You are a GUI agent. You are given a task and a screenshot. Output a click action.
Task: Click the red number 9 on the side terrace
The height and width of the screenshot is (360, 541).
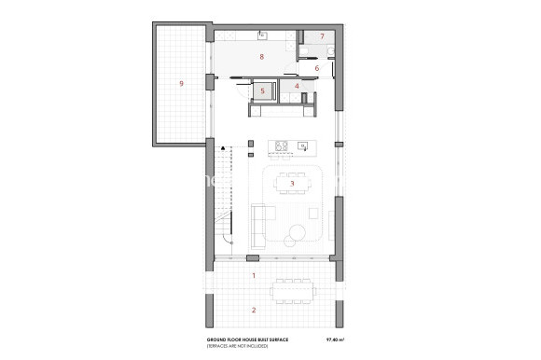click(180, 84)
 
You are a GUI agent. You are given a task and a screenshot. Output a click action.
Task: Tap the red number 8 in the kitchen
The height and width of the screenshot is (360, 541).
click(262, 58)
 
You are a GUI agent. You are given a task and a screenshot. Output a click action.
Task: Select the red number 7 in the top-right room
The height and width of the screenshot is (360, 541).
click(322, 36)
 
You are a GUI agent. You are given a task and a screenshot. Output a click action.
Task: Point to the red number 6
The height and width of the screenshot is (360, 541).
click(317, 68)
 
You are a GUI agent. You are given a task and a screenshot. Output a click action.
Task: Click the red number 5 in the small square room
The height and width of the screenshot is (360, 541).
click(264, 90)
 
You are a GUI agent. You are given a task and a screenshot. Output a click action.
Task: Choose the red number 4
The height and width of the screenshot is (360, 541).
click(297, 87)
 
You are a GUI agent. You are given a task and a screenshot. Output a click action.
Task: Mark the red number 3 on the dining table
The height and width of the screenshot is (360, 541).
click(292, 184)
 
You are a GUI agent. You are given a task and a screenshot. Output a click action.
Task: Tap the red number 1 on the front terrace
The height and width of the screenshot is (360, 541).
click(253, 276)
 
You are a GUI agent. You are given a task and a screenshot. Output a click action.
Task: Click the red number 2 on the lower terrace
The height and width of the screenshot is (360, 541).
click(253, 309)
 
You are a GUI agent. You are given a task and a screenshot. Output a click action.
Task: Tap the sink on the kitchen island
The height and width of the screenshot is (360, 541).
click(302, 146)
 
